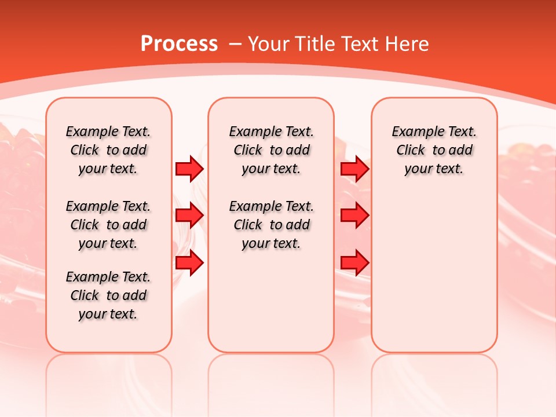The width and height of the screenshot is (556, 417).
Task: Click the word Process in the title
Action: click(179, 44)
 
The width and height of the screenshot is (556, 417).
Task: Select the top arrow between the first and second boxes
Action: click(189, 169)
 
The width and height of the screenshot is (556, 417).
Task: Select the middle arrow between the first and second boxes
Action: click(189, 215)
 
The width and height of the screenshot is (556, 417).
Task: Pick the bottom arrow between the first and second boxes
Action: click(189, 262)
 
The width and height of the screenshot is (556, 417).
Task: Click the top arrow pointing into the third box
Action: click(354, 169)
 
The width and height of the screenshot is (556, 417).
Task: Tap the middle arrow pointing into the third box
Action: click(354, 215)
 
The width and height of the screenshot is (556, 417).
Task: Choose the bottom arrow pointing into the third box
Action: click(354, 262)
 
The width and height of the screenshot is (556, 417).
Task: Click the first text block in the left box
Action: click(108, 151)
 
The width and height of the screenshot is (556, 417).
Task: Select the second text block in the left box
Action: click(108, 225)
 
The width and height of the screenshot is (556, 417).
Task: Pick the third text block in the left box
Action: click(108, 295)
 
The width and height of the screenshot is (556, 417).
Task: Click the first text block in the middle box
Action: click(272, 151)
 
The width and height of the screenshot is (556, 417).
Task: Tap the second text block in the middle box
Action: click(272, 225)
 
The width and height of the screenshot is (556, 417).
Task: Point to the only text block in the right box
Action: click(434, 151)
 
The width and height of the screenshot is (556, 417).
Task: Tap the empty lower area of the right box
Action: click(434, 272)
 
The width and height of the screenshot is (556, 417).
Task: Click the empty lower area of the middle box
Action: click(271, 301)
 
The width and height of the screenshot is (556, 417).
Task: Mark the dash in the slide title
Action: click(236, 44)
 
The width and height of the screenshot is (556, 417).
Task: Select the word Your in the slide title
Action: click(268, 44)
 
